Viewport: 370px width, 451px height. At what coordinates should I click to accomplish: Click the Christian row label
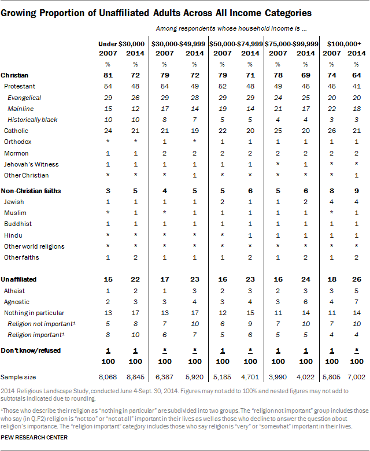tap(15, 76)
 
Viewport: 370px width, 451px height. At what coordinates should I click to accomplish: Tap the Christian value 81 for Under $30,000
tap(107, 76)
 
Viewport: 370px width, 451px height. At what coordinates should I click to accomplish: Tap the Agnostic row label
tap(16, 302)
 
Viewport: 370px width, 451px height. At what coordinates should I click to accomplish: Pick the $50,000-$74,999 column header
tap(235, 44)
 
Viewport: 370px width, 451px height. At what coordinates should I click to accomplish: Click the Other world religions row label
tap(34, 246)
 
